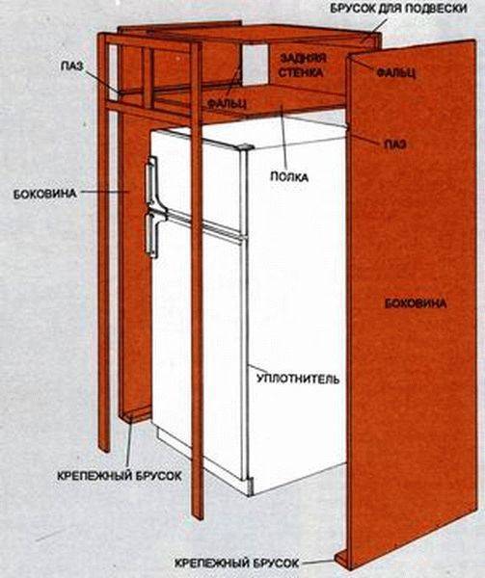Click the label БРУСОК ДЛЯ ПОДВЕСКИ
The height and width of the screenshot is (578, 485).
coord(398,8)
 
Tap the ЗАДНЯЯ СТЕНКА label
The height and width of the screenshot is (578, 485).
coord(302,66)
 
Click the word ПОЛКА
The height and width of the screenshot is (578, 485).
coord(289,177)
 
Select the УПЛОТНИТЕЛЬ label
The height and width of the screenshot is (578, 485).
coord(298,379)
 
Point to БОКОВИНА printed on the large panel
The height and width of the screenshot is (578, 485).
coord(416,303)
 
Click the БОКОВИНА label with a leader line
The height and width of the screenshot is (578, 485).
coord(45,194)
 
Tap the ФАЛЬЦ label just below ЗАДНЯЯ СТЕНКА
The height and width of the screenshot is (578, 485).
coord(227,104)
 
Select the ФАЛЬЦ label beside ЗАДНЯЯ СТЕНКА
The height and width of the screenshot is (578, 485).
coord(396,72)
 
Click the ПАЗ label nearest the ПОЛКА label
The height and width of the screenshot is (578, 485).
coord(395,144)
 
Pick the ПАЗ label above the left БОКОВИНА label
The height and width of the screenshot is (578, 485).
coord(72,66)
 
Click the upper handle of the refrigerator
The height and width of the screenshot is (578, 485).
coord(152,181)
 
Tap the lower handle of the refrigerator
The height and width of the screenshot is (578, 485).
coord(152,234)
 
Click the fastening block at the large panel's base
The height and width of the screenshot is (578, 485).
coord(342,557)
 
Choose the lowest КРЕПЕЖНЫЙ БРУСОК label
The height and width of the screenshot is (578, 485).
coord(236,564)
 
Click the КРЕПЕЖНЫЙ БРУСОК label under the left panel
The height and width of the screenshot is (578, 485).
coord(120,476)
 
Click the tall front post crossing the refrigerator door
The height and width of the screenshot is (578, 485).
coord(197,280)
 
